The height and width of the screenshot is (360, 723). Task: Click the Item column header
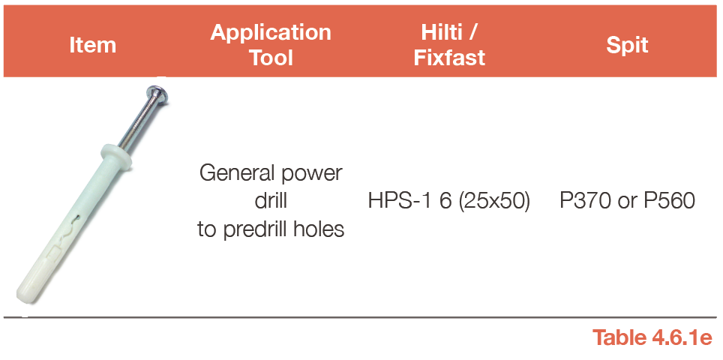click(93, 45)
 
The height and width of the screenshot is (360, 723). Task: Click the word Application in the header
click(271, 33)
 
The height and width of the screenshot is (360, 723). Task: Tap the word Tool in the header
click(271, 58)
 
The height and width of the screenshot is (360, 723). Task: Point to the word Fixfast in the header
click(449, 58)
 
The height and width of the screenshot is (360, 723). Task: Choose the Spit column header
click(627, 45)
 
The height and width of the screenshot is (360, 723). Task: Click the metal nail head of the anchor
click(157, 94)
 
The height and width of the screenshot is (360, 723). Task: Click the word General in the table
click(233, 174)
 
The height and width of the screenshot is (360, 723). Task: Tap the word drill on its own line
click(271, 200)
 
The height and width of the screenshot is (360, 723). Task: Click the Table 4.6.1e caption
click(652, 337)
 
